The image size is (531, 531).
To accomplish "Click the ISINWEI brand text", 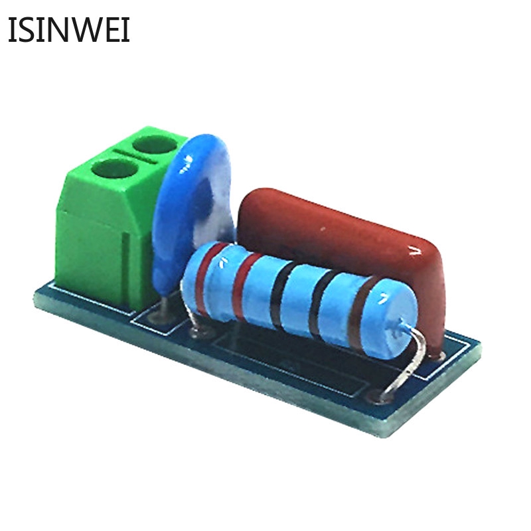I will click(69, 29).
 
